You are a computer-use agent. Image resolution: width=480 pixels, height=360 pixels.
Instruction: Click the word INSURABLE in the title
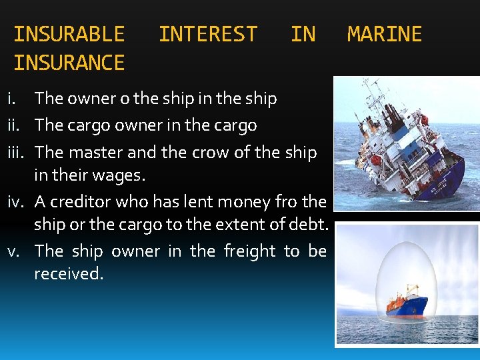click(x=69, y=34)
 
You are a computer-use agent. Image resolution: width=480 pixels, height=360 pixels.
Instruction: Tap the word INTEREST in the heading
click(x=207, y=34)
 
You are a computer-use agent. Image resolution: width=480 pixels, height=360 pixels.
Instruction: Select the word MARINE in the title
click(x=385, y=34)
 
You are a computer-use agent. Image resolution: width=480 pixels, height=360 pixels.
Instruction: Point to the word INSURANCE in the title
click(x=69, y=63)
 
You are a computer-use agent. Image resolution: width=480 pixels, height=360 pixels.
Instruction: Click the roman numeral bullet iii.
click(x=18, y=152)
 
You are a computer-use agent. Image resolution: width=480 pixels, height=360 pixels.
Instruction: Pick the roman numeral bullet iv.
click(x=18, y=201)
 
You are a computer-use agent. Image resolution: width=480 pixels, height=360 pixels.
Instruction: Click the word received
click(x=69, y=274)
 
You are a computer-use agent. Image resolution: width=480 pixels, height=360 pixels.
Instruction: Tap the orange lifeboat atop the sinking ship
click(x=377, y=160)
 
